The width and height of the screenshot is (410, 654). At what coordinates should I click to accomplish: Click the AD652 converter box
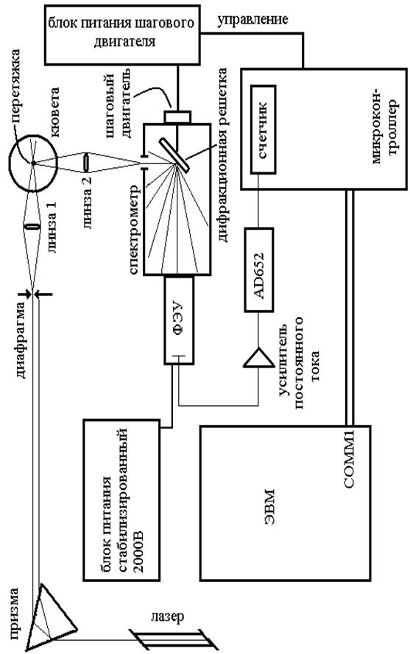click(259, 270)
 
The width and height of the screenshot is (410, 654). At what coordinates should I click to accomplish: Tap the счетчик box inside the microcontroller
click(264, 130)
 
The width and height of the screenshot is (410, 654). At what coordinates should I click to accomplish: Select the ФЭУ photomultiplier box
click(179, 320)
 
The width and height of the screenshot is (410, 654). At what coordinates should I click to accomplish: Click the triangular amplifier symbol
click(258, 358)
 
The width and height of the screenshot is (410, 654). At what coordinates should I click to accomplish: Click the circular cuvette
click(33, 163)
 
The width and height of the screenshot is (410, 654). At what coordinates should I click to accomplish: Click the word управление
click(253, 20)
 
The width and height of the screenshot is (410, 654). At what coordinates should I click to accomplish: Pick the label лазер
click(168, 616)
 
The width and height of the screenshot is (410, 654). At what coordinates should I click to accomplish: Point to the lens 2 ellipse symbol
click(86, 162)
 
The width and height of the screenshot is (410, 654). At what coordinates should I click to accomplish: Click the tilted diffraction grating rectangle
click(174, 155)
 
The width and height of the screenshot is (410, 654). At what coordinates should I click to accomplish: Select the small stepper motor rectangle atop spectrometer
click(178, 117)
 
